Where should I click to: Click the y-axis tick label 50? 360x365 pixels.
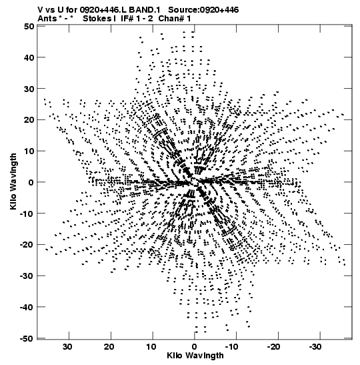click(x=29, y=26)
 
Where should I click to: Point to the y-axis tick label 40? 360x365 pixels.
click(x=29, y=57)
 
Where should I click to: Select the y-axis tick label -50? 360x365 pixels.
click(x=27, y=338)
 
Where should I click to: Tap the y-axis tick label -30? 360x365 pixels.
click(x=27, y=276)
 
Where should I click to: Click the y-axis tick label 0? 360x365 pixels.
click(x=31, y=182)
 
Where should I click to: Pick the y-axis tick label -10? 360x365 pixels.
click(x=27, y=214)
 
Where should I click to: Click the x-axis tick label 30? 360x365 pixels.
click(x=67, y=347)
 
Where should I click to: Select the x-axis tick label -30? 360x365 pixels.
click(x=315, y=347)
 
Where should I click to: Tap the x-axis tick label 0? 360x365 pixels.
click(x=195, y=347)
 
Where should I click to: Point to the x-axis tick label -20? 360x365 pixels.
click(x=273, y=347)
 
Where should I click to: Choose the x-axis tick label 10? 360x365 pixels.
click(x=151, y=347)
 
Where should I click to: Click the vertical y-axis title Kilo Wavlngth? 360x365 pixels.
click(x=13, y=181)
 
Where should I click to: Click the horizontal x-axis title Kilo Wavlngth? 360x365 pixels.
click(x=195, y=356)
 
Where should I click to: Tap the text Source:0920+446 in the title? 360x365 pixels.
click(x=203, y=10)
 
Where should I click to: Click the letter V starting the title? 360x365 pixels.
click(x=40, y=10)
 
